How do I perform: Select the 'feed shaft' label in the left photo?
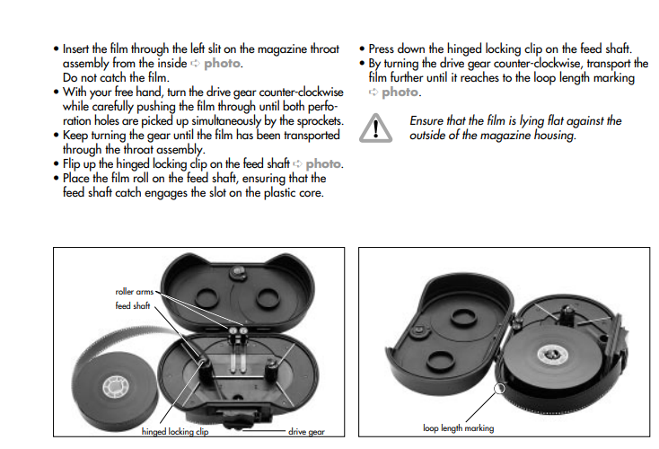134,305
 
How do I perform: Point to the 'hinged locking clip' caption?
175,431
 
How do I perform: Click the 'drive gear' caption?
305,432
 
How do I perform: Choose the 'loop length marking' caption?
458,428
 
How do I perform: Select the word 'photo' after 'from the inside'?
222,64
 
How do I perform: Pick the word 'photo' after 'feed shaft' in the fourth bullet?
324,164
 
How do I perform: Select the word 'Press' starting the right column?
383,48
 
